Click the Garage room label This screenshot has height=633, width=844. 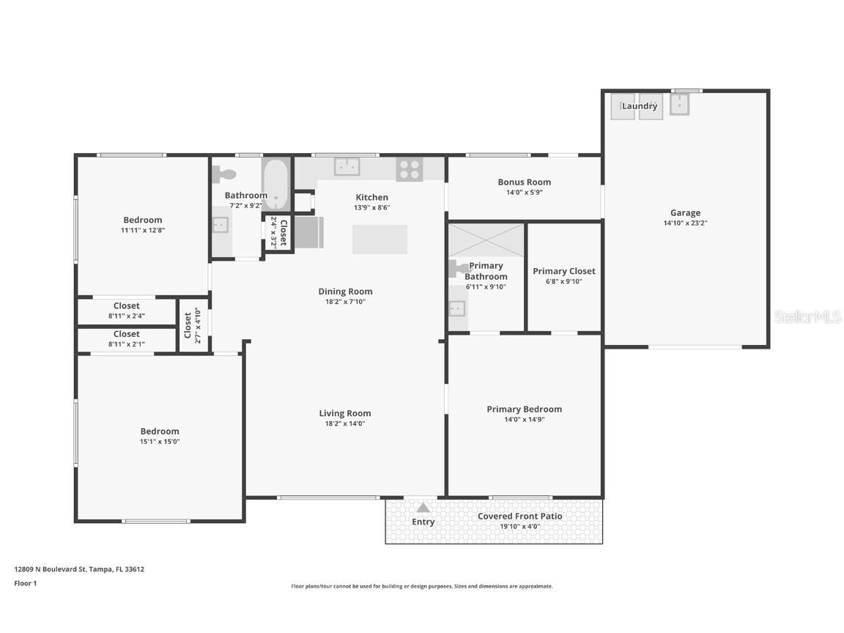click(685, 213)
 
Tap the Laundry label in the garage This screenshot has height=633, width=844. click(640, 106)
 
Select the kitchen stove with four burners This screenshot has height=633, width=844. click(410, 169)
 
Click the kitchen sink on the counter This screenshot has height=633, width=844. click(347, 166)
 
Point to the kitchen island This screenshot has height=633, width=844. click(380, 239)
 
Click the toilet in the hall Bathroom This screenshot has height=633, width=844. click(224, 174)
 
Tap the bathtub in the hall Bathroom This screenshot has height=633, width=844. click(276, 182)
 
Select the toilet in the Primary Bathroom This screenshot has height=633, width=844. click(459, 268)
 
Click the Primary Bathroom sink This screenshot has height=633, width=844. click(457, 308)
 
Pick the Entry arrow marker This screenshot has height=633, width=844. click(423, 508)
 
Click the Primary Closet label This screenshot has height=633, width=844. click(563, 271)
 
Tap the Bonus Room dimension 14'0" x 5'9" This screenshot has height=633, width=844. click(524, 193)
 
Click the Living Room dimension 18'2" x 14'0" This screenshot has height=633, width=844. click(344, 423)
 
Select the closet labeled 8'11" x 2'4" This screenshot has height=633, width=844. click(126, 311)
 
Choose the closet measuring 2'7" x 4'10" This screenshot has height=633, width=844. click(192, 325)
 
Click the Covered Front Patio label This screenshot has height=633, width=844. click(519, 516)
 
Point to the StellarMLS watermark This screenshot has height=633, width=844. click(807, 316)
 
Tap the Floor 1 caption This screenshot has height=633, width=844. click(25, 583)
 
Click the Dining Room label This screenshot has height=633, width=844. click(345, 292)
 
